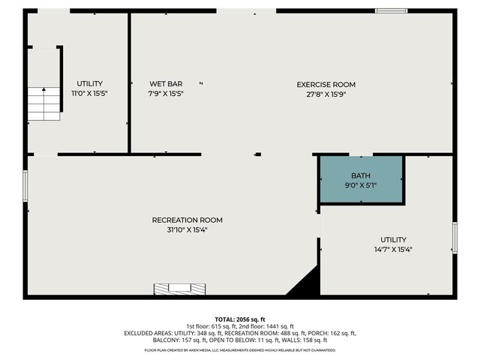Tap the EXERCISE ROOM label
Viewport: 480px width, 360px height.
point(325,85)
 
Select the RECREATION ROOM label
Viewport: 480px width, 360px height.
point(187,220)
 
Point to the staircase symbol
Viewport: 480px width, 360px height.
point(44,103)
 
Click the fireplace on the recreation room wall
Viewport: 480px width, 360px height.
point(179,288)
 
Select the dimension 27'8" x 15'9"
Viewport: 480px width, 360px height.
point(325,94)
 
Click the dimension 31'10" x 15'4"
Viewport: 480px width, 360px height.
point(187,229)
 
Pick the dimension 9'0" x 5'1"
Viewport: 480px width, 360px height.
point(361,184)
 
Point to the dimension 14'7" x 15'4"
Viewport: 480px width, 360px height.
point(393,249)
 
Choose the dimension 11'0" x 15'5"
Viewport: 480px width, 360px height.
point(89,94)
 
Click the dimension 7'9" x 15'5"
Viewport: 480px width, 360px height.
point(166,94)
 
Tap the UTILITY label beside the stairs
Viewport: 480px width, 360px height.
point(89,83)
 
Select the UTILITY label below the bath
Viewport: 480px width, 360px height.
point(393,239)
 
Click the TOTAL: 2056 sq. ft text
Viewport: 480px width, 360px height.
point(239,319)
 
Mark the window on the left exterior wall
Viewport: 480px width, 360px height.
point(25,185)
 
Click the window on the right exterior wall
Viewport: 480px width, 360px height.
point(454,237)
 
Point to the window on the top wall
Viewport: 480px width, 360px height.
point(391,10)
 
